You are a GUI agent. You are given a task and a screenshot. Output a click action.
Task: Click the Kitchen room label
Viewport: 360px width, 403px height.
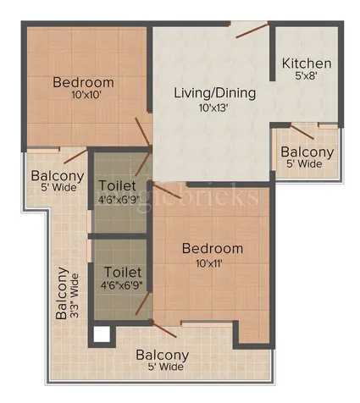(307, 63)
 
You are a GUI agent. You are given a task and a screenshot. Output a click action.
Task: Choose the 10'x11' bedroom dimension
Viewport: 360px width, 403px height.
(213, 264)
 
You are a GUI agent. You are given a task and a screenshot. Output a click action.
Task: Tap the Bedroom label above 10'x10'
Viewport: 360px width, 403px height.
(83, 82)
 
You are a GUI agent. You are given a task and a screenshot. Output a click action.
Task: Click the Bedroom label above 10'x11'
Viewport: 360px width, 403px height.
(213, 249)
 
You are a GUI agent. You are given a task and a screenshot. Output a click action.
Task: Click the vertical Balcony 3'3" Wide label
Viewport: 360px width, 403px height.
(69, 293)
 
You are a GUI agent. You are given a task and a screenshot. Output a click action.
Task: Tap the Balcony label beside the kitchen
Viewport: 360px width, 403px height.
(307, 152)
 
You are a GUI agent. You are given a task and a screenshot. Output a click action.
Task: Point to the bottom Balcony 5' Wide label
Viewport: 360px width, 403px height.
(160, 361)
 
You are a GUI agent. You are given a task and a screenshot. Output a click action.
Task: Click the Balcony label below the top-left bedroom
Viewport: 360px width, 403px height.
(57, 176)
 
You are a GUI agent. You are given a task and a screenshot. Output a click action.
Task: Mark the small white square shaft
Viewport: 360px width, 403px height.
(102, 334)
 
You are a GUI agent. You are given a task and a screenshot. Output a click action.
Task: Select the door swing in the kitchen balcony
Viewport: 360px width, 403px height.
(302, 130)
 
